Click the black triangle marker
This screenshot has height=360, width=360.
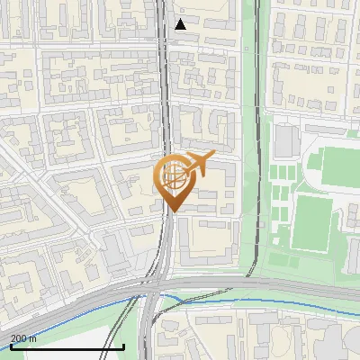click(181, 24)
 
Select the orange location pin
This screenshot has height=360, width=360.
click(176, 180)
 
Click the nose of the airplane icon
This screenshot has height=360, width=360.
click(212, 156)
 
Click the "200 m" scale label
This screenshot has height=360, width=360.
click(23, 338)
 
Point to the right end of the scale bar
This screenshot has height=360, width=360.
click(123, 346)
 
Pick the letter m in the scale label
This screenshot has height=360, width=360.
click(33, 338)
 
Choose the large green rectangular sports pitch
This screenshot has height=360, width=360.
click(311, 221)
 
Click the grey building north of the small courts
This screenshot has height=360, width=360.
click(286, 139)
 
